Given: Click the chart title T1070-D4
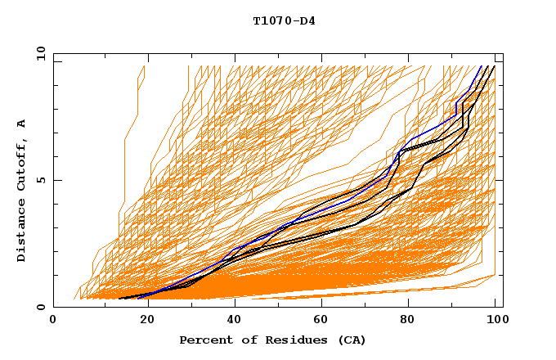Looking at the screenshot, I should tap(284, 21).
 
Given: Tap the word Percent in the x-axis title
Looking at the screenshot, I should tap(204, 340).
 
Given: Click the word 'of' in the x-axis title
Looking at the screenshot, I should tap(244, 340).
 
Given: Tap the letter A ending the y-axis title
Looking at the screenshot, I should tap(21, 124).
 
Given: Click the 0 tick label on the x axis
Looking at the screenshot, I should tap(53, 321).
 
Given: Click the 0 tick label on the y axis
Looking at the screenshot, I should tap(41, 308).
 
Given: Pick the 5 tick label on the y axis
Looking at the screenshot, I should tap(41, 180).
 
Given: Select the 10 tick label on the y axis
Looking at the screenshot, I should tap(38, 53).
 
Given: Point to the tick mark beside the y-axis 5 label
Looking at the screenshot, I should tap(56, 180).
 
